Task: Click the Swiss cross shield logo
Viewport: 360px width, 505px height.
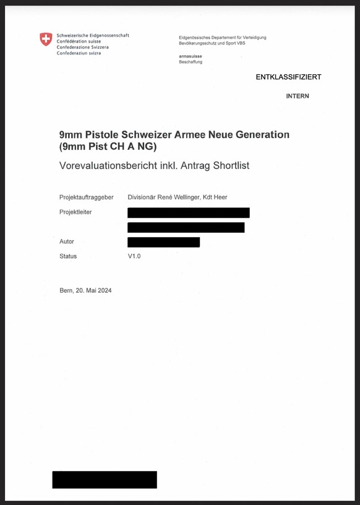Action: (x=46, y=40)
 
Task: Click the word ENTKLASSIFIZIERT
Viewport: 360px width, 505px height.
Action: (x=288, y=77)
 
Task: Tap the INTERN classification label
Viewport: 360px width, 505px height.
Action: (x=298, y=96)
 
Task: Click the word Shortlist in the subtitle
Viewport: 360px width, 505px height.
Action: (x=228, y=165)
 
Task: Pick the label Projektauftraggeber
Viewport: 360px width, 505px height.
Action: (x=86, y=197)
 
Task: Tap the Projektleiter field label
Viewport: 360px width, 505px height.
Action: (x=75, y=212)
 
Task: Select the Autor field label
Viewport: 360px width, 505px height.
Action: (x=67, y=241)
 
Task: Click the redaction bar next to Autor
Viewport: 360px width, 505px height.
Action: (x=163, y=242)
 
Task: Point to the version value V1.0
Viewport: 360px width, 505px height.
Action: (x=134, y=256)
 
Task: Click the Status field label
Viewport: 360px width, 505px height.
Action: (x=68, y=256)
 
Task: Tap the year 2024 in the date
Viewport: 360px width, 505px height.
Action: (x=105, y=291)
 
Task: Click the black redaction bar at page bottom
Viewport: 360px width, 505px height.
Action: (x=105, y=480)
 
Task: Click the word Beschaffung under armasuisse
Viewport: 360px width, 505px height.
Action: (x=191, y=62)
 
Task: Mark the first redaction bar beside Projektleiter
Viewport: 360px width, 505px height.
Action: (x=188, y=212)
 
